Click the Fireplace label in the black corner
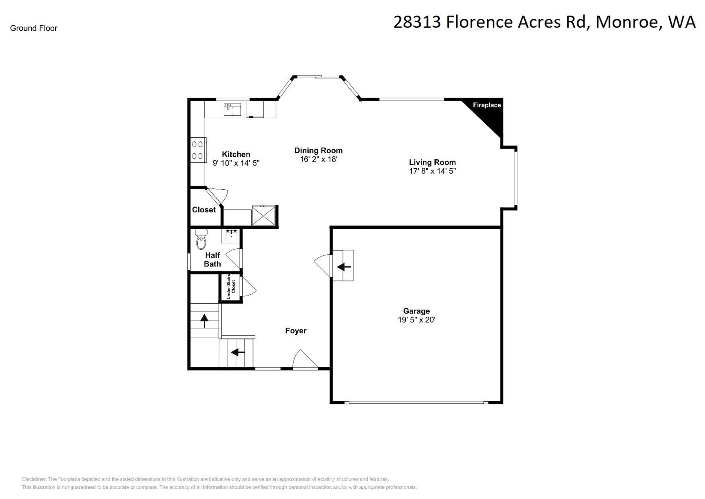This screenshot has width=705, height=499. click(x=487, y=105)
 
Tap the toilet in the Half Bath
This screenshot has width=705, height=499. click(x=201, y=240)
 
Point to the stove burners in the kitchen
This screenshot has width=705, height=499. click(x=197, y=150)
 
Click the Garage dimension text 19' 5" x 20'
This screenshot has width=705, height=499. click(x=416, y=320)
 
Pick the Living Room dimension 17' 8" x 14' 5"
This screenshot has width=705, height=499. click(x=432, y=171)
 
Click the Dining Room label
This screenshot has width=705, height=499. click(x=318, y=150)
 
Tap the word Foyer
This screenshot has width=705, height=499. click(x=296, y=331)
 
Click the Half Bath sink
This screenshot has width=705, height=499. click(x=231, y=235)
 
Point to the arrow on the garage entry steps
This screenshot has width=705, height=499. click(x=344, y=267)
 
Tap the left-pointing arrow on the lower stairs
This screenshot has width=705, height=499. click(x=238, y=353)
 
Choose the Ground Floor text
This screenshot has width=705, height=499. click(x=34, y=28)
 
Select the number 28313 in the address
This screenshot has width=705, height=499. click(x=417, y=22)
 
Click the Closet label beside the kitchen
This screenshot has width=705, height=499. click(x=204, y=210)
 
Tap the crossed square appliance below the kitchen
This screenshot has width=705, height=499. click(x=263, y=215)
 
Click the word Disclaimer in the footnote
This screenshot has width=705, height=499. click(x=34, y=479)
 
